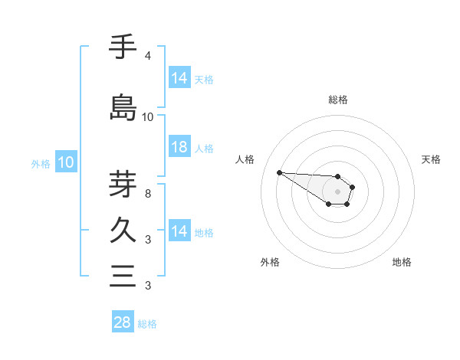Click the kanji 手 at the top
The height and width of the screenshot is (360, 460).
(123, 47)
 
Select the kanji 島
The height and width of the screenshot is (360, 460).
(123, 107)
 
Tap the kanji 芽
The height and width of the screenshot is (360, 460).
(123, 184)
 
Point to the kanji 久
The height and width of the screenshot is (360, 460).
(123, 230)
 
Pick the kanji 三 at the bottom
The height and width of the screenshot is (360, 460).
(123, 276)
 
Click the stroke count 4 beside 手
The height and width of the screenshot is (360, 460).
(147, 56)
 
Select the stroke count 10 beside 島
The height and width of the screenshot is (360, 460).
(148, 117)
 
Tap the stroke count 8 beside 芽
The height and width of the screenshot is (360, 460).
(147, 194)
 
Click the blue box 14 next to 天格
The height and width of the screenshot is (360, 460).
(179, 78)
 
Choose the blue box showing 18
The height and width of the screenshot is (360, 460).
(179, 147)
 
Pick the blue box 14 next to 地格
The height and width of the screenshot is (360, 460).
(179, 231)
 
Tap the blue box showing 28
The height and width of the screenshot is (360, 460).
(123, 322)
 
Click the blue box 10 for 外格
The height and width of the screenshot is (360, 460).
(66, 162)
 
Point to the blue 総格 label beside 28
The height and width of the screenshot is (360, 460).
(147, 324)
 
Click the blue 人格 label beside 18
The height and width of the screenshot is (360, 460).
(204, 149)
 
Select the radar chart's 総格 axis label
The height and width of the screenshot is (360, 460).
(337, 100)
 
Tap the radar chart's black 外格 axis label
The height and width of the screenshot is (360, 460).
(270, 262)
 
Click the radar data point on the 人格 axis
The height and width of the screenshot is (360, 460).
(279, 172)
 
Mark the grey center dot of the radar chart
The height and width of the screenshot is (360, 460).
(337, 191)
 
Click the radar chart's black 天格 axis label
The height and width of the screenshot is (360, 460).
(432, 159)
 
